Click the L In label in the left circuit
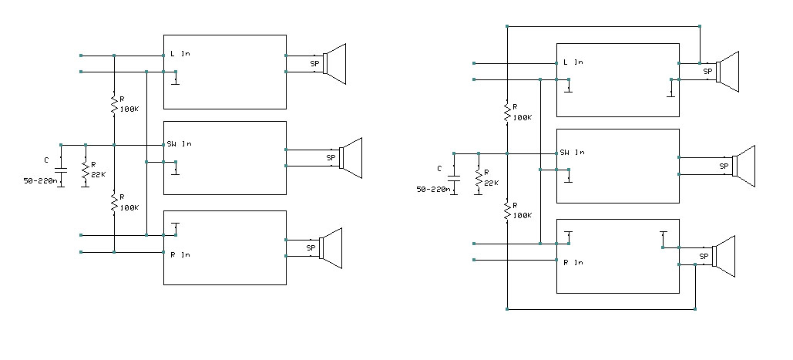click(x=179, y=54)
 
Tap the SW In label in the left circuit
click(x=179, y=144)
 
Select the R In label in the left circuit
click(x=179, y=254)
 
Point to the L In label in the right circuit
click(x=573, y=62)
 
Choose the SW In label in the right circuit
click(x=573, y=153)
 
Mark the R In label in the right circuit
click(x=573, y=262)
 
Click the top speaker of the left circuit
click(x=334, y=63)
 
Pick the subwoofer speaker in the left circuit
click(x=350, y=158)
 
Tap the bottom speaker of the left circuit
click(x=331, y=248)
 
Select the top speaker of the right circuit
click(x=727, y=72)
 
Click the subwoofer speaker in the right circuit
click(x=744, y=166)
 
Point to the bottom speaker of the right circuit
click(x=724, y=257)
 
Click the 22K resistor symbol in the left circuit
click(x=86, y=174)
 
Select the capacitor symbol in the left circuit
click(x=61, y=169)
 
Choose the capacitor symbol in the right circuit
click(x=454, y=177)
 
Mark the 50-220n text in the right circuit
click(x=435, y=190)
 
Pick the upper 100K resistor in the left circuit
click(x=114, y=103)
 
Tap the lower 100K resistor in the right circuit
click(x=507, y=210)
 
